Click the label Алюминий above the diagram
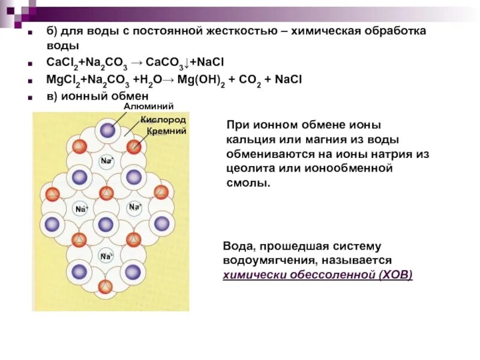[x=149, y=106]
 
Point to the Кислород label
[x=163, y=120]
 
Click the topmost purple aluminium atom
[x=107, y=131]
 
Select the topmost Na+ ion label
[x=107, y=161]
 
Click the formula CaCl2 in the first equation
[x=61, y=62]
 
